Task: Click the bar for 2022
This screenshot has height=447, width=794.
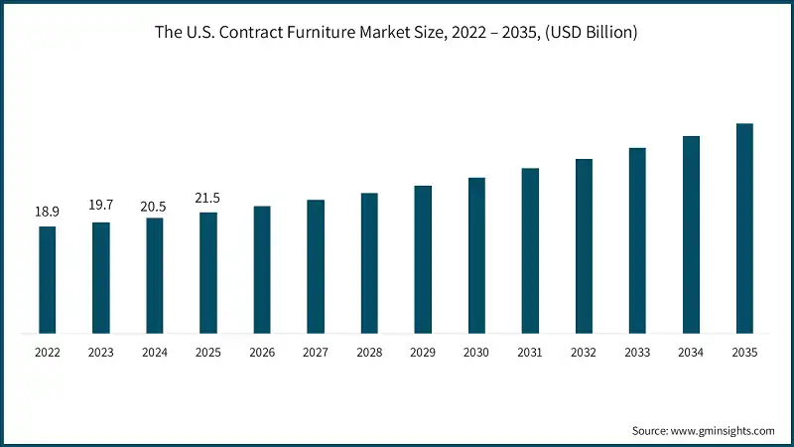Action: [47, 279]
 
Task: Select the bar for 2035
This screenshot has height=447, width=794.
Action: [744, 227]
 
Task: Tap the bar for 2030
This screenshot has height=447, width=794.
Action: [476, 255]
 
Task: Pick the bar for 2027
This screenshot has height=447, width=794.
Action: [316, 266]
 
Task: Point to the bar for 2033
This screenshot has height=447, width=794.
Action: [637, 240]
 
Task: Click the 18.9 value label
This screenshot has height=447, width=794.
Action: [47, 212]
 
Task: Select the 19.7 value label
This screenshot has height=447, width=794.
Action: [100, 206]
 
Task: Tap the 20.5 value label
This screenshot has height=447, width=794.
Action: [154, 206]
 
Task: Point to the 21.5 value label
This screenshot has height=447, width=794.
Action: [207, 199]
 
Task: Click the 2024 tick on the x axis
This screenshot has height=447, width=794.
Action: [154, 352]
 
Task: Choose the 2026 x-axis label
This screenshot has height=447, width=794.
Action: [261, 352]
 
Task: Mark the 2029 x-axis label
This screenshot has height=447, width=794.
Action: [423, 352]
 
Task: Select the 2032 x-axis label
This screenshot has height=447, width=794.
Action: [584, 352]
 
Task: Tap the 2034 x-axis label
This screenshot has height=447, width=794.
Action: [691, 352]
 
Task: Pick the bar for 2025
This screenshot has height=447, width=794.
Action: [207, 272]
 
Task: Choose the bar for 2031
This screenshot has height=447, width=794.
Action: [530, 250]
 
